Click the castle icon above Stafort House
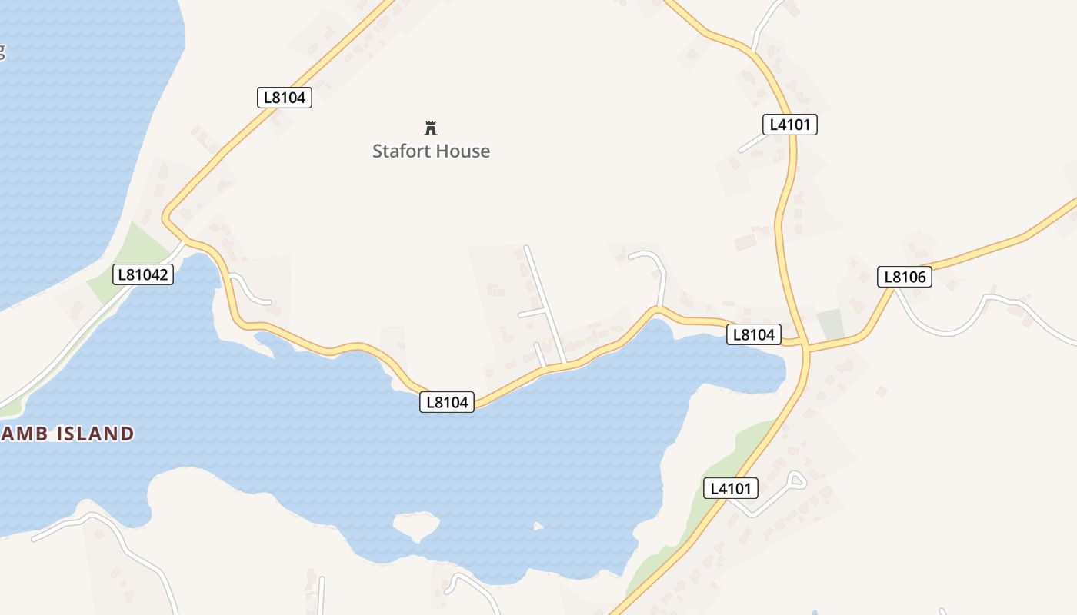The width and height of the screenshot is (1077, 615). click(x=431, y=128)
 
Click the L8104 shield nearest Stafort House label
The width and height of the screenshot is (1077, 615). click(x=284, y=98)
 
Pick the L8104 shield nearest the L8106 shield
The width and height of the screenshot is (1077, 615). click(x=754, y=334)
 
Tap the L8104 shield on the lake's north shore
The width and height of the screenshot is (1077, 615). click(x=447, y=401)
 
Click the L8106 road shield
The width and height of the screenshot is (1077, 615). click(x=905, y=277)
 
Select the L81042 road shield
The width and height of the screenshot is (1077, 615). click(x=142, y=274)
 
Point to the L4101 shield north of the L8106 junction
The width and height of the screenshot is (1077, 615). click(x=789, y=125)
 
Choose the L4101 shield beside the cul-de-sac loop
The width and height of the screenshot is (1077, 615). click(x=730, y=487)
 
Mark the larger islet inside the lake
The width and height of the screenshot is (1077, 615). click(x=415, y=525)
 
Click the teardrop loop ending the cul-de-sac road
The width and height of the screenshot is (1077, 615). click(x=796, y=480)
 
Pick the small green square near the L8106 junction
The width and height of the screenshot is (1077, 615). click(x=830, y=324)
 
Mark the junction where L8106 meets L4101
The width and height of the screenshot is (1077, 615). click(x=805, y=344)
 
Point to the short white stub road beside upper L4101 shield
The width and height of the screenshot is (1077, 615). click(x=752, y=145)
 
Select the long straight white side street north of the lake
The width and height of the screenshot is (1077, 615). click(x=545, y=304)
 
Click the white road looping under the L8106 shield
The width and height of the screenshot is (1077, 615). click(x=946, y=327)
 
